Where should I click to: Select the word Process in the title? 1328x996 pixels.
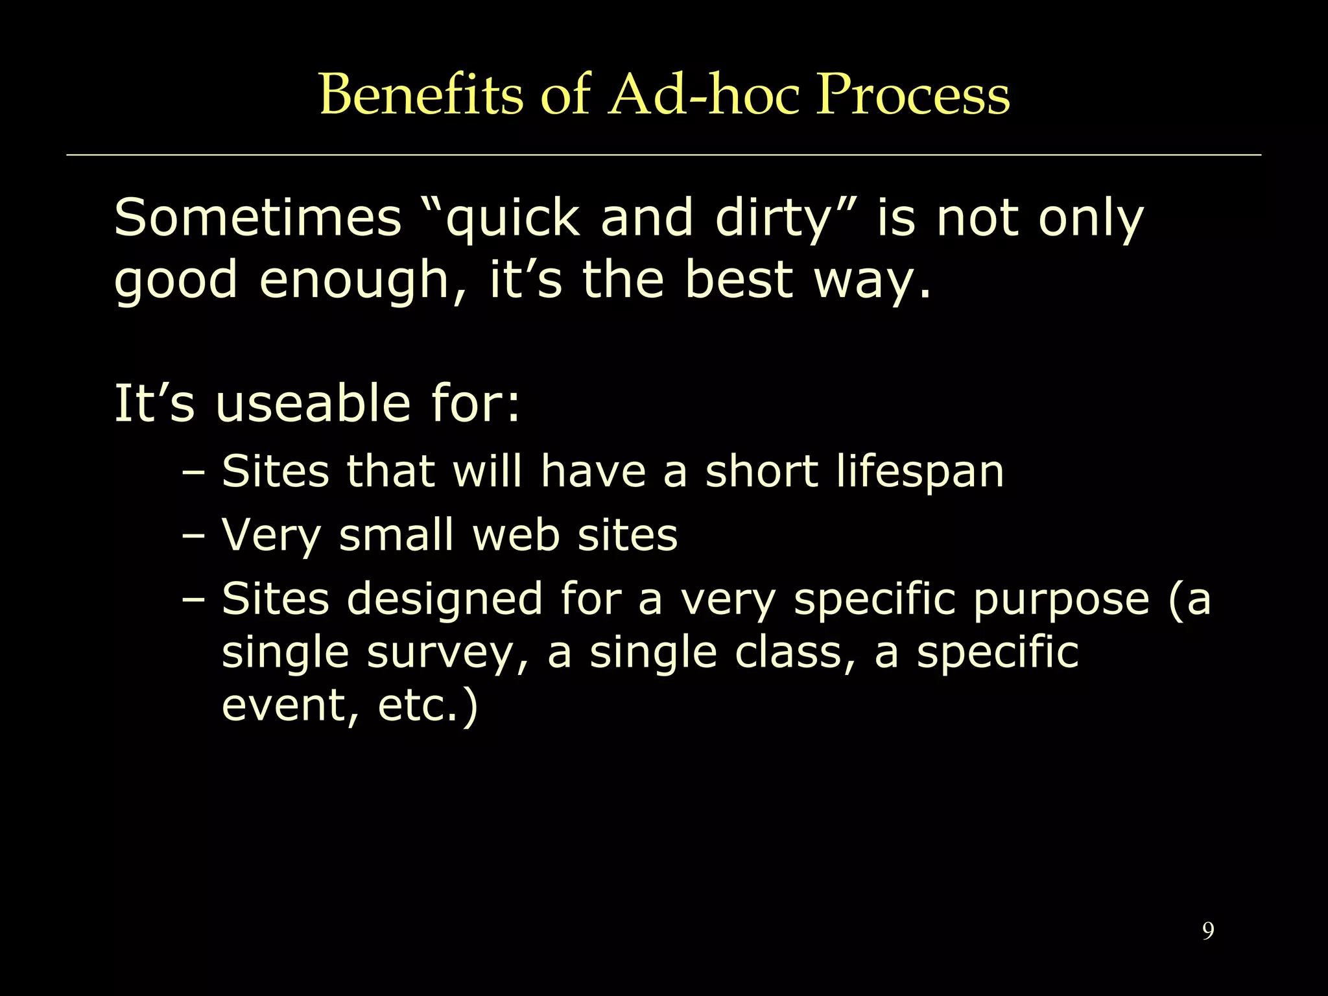(912, 95)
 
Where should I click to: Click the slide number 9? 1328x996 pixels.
(1207, 931)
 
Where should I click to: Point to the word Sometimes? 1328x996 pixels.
(257, 218)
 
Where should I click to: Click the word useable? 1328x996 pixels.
(313, 403)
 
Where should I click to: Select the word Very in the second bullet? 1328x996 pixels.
(271, 536)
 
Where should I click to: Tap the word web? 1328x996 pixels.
(516, 536)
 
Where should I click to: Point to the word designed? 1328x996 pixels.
(445, 599)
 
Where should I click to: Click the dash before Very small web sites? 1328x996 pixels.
(193, 536)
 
